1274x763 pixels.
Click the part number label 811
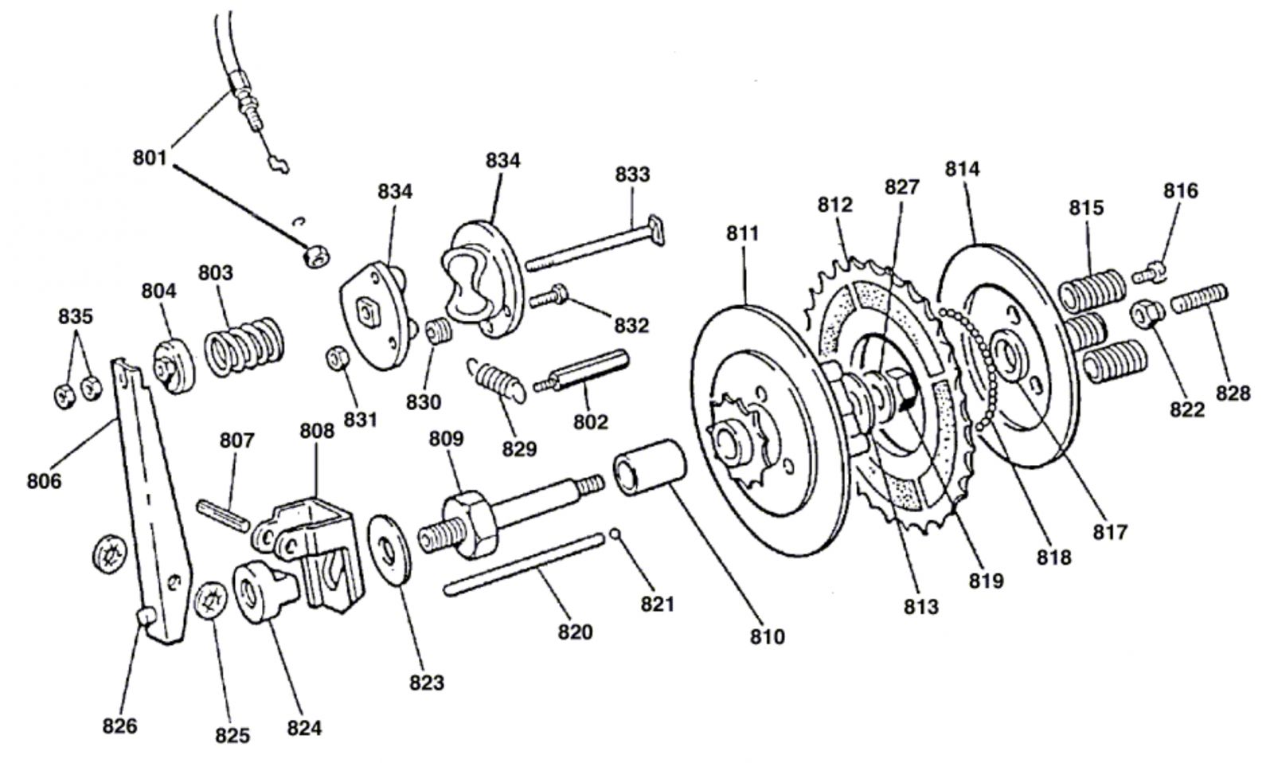coord(742,233)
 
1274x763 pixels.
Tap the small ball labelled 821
coord(614,534)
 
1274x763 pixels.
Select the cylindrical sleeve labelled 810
coord(650,468)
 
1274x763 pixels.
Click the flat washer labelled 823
coord(389,549)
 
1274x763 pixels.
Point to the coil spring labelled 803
coord(244,346)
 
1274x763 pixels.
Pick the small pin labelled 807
coord(224,515)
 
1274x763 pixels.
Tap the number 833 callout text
coord(632,174)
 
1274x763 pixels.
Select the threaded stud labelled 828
coord(1199,298)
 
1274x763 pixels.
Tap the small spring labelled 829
coord(497,379)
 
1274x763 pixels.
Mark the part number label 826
coord(119,726)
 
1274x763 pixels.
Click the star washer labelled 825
coord(212,601)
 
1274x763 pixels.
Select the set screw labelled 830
coord(440,331)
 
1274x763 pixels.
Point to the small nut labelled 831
coord(338,359)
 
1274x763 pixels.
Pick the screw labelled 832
coord(549,295)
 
